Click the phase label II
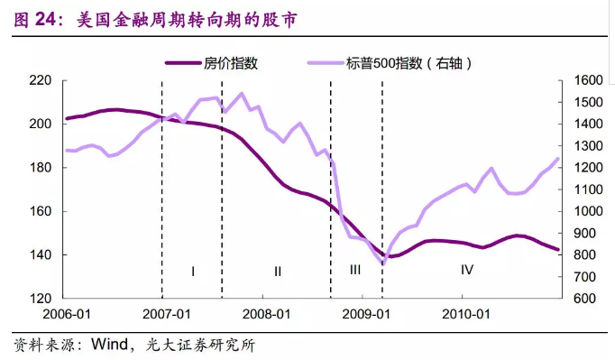coord(277,270)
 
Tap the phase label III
coord(355,270)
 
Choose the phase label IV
coord(467,270)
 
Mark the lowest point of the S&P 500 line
coord(383,263)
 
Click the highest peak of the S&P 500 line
coord(241,93)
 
